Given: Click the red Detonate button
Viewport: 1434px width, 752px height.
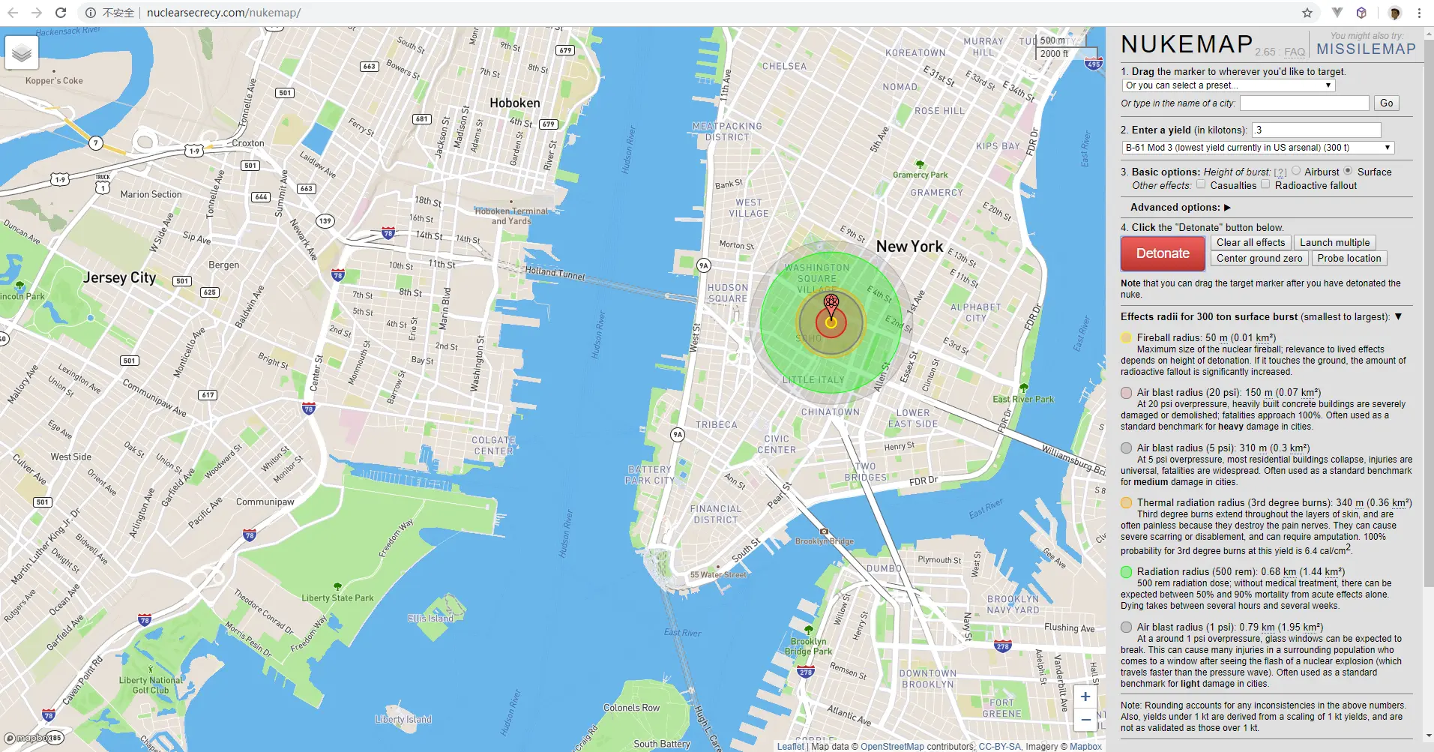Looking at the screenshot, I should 1163,253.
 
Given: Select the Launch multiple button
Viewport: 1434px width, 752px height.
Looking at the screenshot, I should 1334,242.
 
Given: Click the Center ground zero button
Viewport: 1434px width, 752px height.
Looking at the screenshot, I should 1259,258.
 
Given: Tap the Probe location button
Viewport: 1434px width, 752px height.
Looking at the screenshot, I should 1349,258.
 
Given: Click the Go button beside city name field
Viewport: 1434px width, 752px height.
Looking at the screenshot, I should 1386,103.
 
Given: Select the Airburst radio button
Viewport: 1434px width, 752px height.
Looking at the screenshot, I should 1296,171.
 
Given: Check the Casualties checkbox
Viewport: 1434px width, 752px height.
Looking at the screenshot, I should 1201,184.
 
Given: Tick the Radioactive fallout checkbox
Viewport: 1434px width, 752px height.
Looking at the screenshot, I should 1265,184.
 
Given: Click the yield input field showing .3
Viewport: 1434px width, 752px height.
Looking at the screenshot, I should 1316,130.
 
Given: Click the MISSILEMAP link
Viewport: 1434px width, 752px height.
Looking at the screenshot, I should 1366,49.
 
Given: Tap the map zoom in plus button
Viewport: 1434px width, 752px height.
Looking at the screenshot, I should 1085,697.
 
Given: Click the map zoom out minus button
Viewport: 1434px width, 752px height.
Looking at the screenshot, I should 1085,720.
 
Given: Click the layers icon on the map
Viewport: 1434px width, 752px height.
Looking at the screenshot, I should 22,53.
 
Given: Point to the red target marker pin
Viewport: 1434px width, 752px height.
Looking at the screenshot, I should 831,304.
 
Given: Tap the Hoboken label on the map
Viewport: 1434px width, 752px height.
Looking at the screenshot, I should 514,103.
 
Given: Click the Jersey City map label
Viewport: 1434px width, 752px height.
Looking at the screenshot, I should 119,277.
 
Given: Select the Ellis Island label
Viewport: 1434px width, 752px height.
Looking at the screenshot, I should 430,619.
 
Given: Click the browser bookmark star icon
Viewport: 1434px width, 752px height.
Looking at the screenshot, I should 1307,13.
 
